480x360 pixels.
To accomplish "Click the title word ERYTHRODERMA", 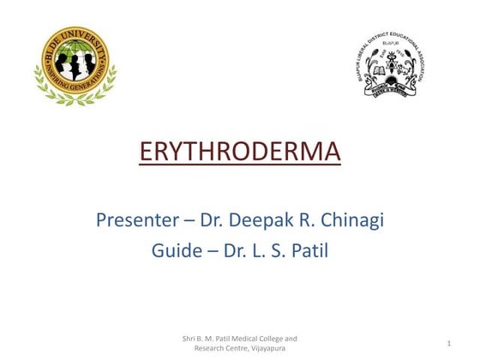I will (239, 153).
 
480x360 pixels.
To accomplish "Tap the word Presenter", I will (136, 220).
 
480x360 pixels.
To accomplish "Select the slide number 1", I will (448, 343).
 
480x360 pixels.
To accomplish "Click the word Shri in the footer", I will (191, 338).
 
